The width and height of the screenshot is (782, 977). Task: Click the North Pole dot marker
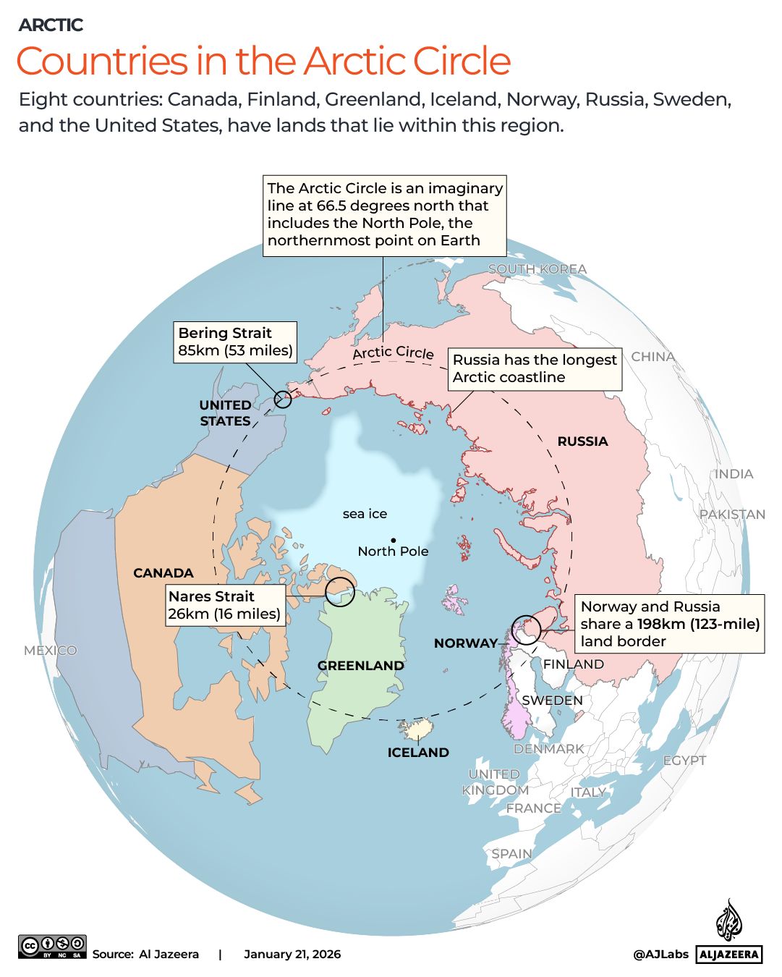click(x=393, y=540)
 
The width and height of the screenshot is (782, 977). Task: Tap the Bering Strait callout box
click(x=235, y=342)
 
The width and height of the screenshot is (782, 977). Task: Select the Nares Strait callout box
click(x=224, y=605)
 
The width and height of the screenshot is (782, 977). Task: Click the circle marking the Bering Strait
click(x=283, y=398)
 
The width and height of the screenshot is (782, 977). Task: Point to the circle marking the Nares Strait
click(x=339, y=592)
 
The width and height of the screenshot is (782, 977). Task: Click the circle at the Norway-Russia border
click(x=526, y=629)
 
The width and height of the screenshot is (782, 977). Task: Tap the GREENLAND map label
click(x=360, y=666)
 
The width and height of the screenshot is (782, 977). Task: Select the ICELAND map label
click(x=418, y=753)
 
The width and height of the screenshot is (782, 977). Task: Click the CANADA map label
click(x=163, y=573)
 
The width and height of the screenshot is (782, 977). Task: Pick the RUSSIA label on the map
click(x=582, y=441)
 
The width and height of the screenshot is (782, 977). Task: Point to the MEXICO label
click(x=50, y=651)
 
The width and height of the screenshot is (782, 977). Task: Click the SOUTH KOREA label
click(x=537, y=269)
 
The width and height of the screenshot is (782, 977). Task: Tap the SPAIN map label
click(x=511, y=854)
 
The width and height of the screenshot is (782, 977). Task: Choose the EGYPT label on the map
click(x=684, y=761)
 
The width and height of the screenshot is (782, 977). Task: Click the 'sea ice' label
click(x=365, y=514)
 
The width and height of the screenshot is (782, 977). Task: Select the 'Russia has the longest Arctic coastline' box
click(x=535, y=368)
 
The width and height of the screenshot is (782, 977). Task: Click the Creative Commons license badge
click(x=52, y=947)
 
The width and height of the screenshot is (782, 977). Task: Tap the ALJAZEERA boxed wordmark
click(x=729, y=955)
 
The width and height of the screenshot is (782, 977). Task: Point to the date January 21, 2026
click(x=292, y=955)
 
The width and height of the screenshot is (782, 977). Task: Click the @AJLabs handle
click(x=660, y=955)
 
